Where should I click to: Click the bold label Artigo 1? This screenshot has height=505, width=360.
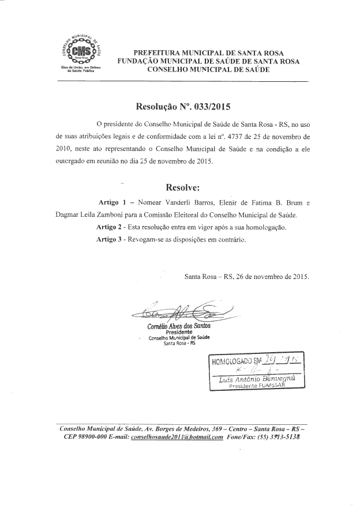coord(115,203)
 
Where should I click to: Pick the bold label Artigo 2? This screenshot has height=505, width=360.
coord(114,227)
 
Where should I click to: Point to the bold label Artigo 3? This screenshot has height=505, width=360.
coord(114,239)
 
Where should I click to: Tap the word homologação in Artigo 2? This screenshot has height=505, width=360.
coord(262,227)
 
